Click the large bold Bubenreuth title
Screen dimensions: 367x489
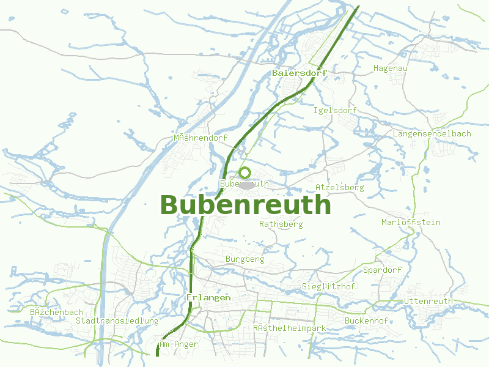click(x=245, y=205)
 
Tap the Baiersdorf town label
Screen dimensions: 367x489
click(x=300, y=73)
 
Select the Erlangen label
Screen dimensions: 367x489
click(x=208, y=297)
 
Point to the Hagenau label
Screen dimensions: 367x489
click(x=390, y=68)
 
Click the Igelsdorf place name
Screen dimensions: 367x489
click(x=334, y=111)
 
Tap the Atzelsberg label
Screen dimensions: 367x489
click(x=339, y=187)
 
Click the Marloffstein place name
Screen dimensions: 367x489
click(x=411, y=222)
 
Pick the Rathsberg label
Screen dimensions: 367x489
click(x=281, y=224)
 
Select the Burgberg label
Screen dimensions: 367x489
click(x=244, y=259)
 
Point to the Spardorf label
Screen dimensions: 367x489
click(x=382, y=270)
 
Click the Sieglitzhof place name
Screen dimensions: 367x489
click(x=328, y=287)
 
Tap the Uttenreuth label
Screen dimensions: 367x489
click(x=428, y=301)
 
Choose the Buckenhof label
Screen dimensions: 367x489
click(x=366, y=321)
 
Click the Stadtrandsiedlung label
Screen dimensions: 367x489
click(x=117, y=321)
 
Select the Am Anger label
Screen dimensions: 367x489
click(x=178, y=344)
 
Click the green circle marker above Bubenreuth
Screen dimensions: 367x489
click(x=245, y=172)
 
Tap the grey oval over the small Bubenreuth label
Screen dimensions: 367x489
click(x=246, y=185)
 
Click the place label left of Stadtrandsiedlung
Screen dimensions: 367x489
click(x=56, y=312)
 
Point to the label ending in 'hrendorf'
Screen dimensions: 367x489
click(x=200, y=138)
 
